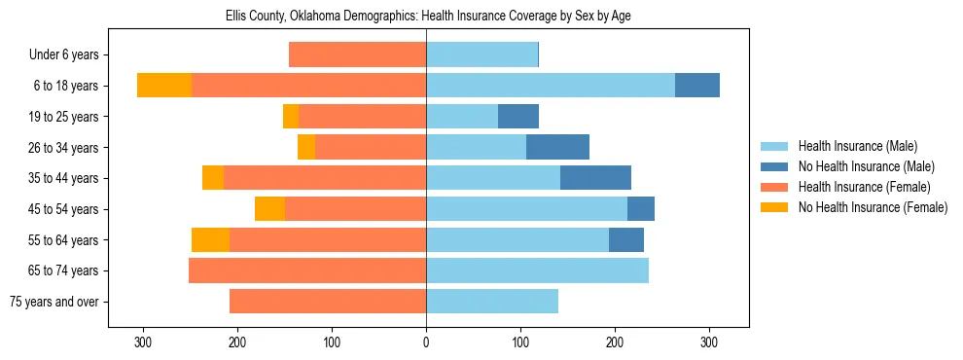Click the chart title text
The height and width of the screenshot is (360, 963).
(426, 17)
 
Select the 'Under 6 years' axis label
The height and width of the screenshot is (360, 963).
(69, 55)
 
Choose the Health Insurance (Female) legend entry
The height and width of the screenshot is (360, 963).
(858, 187)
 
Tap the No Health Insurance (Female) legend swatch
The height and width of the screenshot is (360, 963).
(774, 207)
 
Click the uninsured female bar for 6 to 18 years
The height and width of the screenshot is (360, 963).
(164, 86)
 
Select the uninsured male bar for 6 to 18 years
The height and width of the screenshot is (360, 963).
(697, 86)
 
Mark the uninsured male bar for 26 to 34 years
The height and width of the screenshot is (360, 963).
(557, 147)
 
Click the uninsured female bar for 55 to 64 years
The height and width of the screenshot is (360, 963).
(210, 239)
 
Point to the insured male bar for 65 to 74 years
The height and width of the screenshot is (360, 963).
(537, 270)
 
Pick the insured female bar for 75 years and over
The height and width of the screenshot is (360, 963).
(313, 302)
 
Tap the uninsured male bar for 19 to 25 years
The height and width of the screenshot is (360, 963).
(518, 117)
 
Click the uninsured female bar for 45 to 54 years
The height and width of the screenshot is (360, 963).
(269, 209)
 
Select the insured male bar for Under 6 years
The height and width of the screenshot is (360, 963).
(481, 55)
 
